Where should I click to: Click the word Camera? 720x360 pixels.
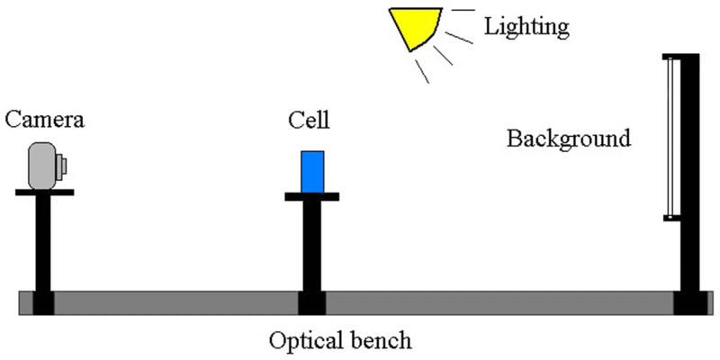[x=45, y=120]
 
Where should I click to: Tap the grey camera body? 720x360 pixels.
[x=42, y=166]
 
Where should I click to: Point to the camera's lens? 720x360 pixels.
[x=61, y=166]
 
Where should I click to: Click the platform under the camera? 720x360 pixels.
[x=44, y=193]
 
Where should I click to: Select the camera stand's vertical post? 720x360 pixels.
[x=43, y=243]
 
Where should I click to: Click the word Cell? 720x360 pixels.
[x=309, y=120]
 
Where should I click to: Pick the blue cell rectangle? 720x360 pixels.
[x=312, y=172]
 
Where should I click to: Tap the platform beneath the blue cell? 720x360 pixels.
[x=311, y=196]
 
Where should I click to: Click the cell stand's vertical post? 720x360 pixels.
[x=312, y=246]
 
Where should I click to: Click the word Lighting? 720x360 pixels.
[x=526, y=28]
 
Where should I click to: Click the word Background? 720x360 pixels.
[x=569, y=139]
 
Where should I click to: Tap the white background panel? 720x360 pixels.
[x=670, y=138]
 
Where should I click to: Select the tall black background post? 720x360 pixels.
[x=689, y=172]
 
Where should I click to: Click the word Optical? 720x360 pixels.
[x=302, y=342]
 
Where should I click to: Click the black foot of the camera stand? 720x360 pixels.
[x=43, y=303]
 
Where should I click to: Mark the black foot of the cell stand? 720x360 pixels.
[x=312, y=303]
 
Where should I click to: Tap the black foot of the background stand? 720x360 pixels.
[x=690, y=303]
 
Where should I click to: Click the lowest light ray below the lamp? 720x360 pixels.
[x=422, y=71]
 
